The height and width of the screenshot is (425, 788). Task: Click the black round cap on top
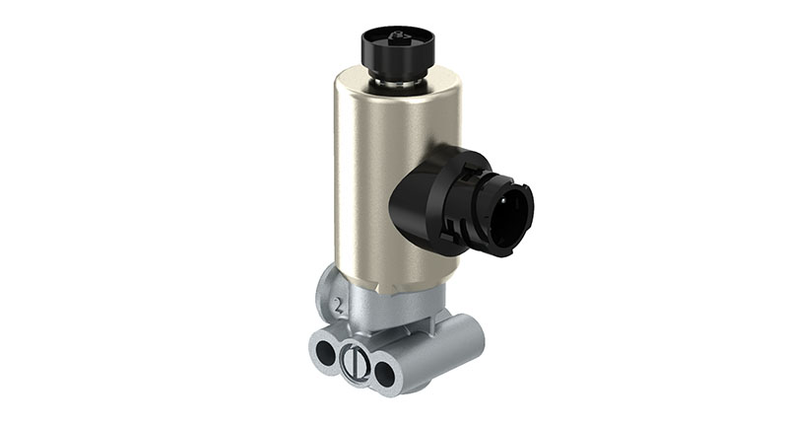pos(397,49)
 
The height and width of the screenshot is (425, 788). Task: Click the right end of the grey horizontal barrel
pos(473,340)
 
